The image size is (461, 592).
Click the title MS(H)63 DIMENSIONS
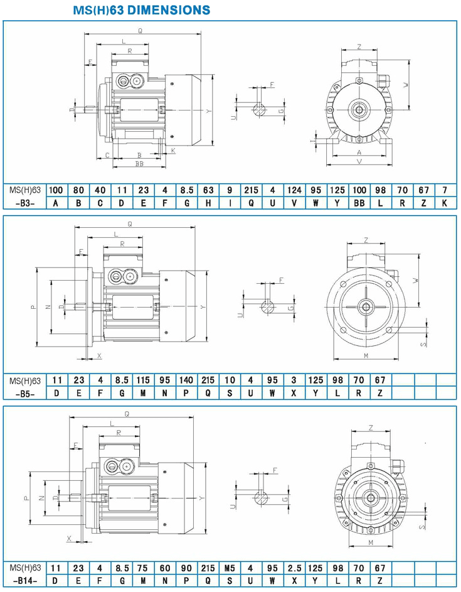click(x=142, y=10)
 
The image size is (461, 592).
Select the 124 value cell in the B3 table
click(x=294, y=190)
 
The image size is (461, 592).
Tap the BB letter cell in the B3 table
click(x=359, y=203)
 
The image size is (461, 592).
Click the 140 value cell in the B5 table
click(x=186, y=380)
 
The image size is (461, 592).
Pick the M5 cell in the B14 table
click(x=230, y=568)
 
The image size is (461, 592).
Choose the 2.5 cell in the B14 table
click(x=294, y=568)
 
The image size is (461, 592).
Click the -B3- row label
click(x=25, y=203)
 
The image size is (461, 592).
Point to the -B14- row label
click(x=25, y=581)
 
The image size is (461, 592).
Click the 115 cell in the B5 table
click(x=143, y=380)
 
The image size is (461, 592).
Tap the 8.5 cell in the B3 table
click(x=186, y=190)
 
